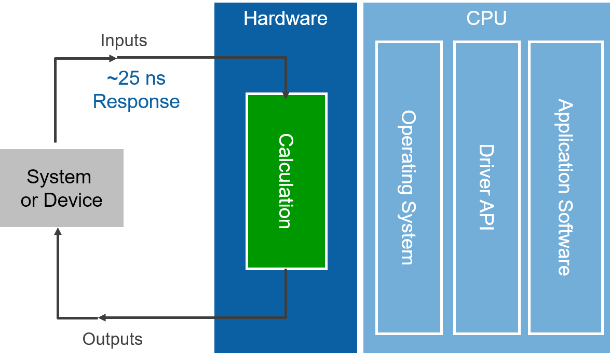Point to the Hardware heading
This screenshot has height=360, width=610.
click(x=286, y=19)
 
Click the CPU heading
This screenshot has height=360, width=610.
click(x=486, y=19)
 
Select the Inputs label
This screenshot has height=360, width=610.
click(x=124, y=41)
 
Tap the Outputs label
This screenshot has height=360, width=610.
click(x=113, y=339)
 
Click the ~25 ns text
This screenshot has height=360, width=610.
click(x=137, y=79)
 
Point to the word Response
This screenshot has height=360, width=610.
click(x=137, y=101)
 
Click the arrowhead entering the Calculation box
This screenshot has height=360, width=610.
click(x=286, y=95)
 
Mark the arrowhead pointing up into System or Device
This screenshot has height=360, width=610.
click(x=58, y=231)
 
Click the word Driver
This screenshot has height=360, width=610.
click(x=486, y=164)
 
